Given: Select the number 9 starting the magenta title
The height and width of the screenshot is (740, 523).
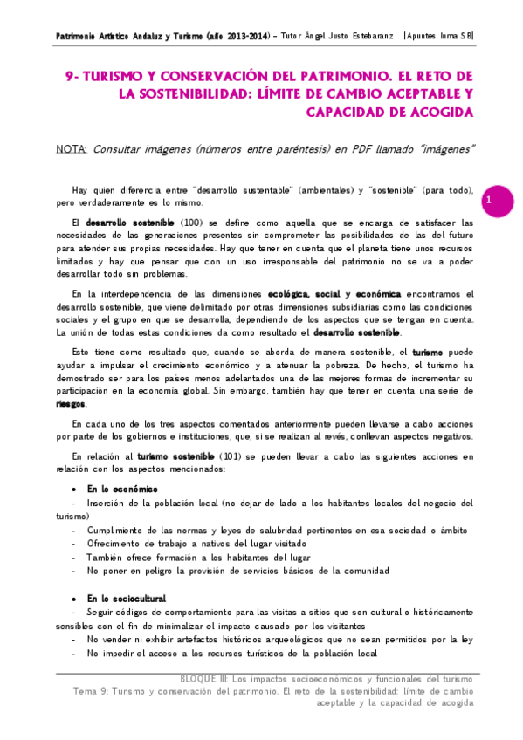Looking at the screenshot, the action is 71,78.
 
